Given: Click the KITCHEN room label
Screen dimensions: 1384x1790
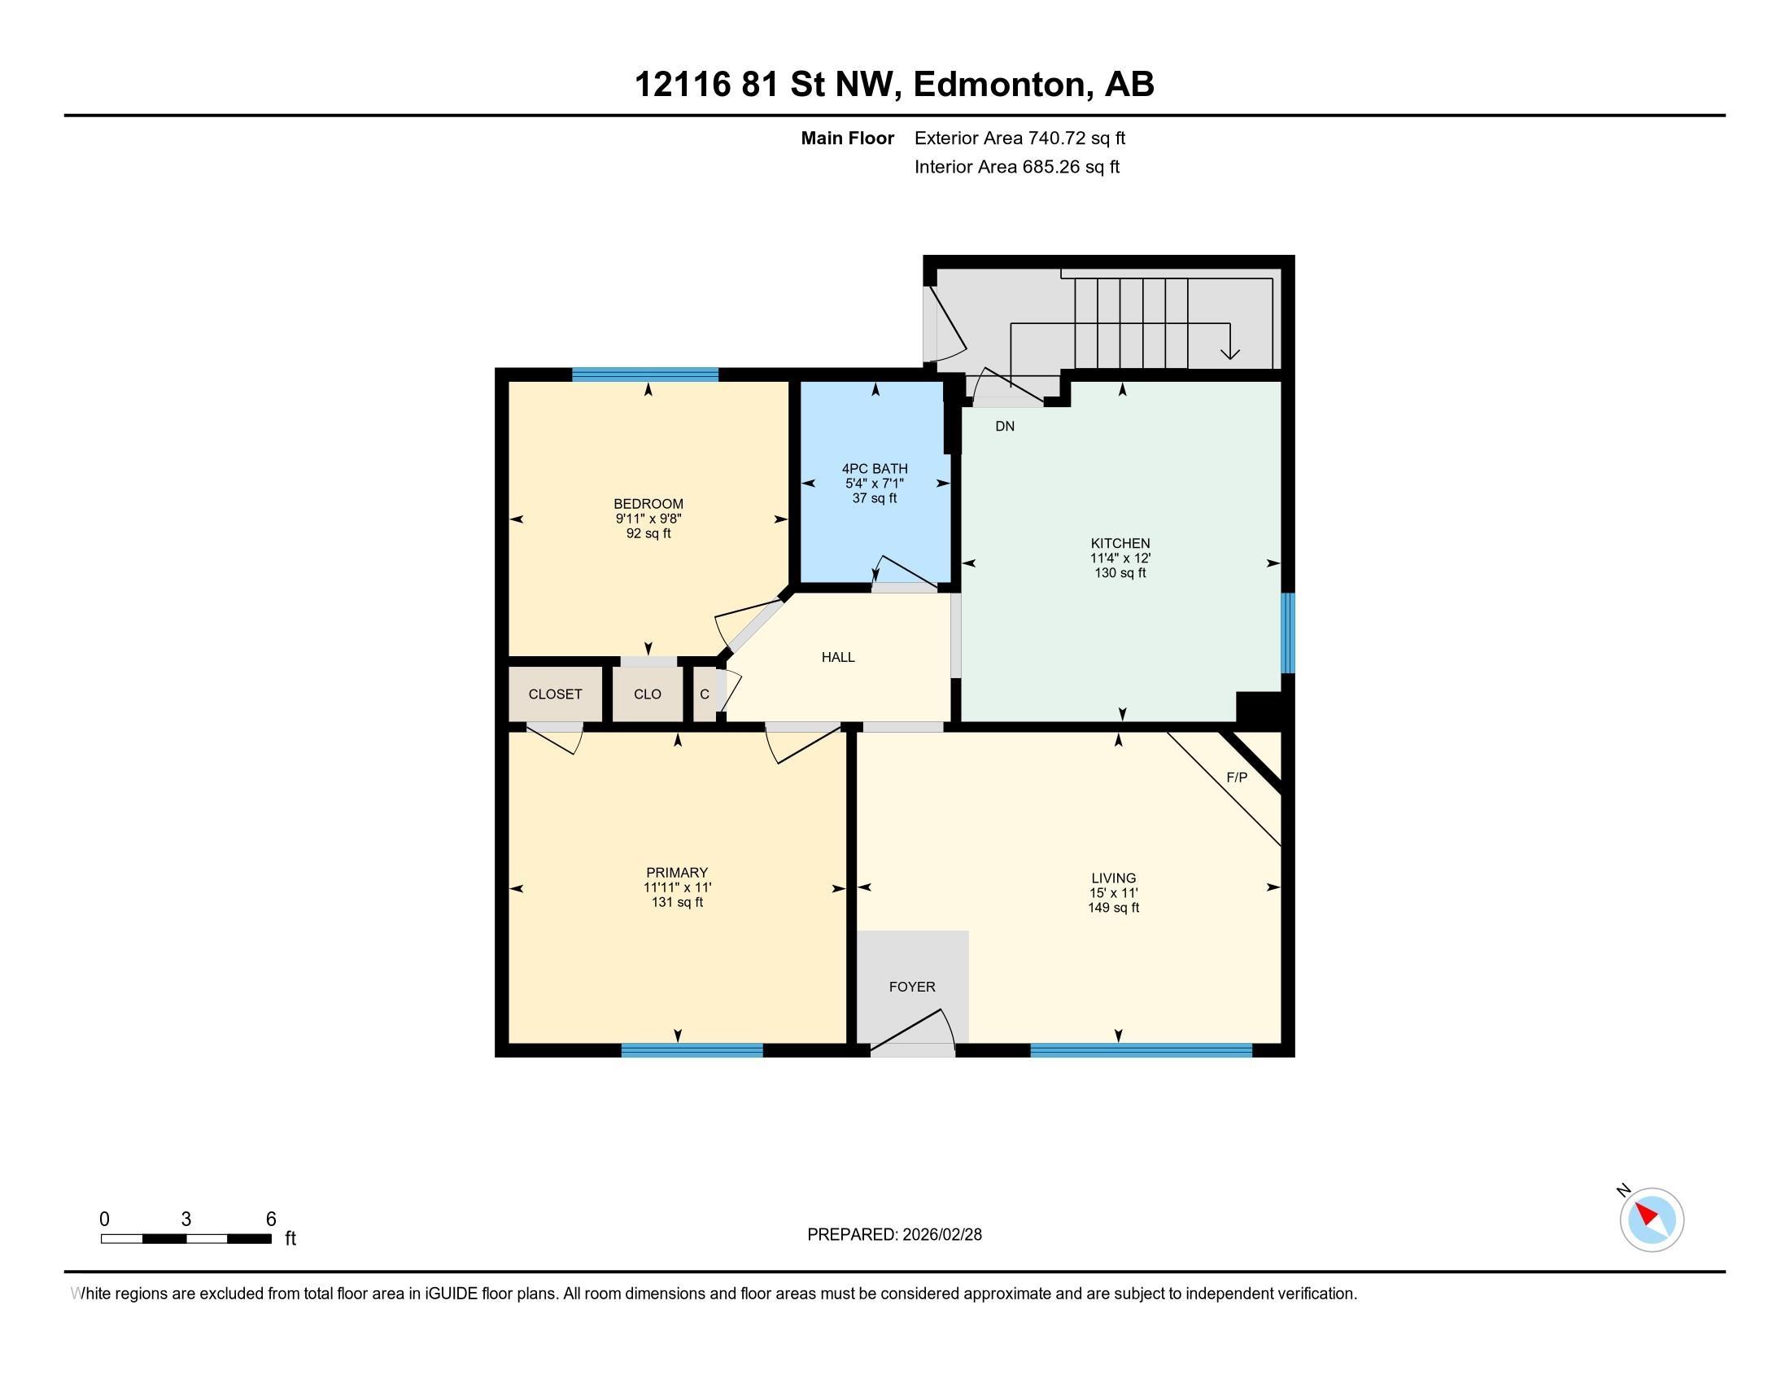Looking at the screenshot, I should coord(1120,543).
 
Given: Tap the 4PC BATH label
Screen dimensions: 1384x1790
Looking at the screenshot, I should coord(875,469).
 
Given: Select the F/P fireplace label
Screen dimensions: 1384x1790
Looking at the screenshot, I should coord(1236,777).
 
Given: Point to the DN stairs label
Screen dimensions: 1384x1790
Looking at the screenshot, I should coord(1004,427).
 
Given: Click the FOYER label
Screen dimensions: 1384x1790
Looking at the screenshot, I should coord(911,988).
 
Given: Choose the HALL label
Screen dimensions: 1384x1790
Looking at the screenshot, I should coord(837,657).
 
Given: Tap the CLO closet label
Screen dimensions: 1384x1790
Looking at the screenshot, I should coord(647,694).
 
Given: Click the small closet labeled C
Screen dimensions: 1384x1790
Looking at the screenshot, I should coord(704,694).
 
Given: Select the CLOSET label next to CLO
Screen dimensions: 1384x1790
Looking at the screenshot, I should coord(555,694).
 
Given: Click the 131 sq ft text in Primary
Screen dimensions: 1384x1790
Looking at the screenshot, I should coord(676,903).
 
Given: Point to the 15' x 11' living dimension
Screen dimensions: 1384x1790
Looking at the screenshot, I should coord(1113,893).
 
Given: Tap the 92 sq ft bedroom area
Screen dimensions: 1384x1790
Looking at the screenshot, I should coord(648,534).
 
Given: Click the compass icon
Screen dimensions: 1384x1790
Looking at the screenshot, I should coord(1651,1220).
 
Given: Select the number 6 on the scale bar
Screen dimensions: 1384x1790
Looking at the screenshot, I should coord(270,1220).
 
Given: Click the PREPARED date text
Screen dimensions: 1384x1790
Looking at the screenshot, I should coord(893,1235).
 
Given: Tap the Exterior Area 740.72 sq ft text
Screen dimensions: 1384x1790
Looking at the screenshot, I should coord(1019,138).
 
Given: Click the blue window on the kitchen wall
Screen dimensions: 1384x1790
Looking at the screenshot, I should coord(1288,632).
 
